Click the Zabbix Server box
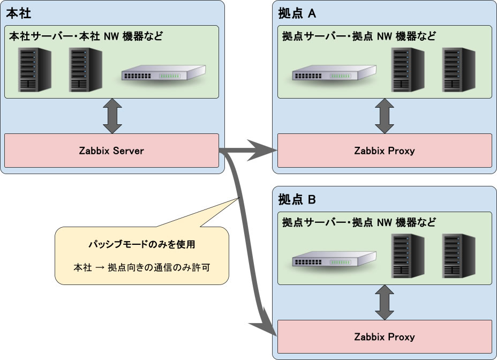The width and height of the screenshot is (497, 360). [111, 151]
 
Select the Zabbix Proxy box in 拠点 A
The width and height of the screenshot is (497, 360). [385, 151]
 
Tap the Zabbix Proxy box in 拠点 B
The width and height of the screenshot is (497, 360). [385, 337]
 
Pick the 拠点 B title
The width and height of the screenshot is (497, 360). [297, 200]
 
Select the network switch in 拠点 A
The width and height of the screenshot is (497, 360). [333, 73]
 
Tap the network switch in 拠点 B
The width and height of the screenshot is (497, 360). [333, 259]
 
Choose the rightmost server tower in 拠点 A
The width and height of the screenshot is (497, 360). [459, 70]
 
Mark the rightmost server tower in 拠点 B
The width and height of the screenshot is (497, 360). [459, 256]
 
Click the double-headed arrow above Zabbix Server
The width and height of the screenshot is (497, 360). [112, 116]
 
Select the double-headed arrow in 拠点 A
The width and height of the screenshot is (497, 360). [384, 116]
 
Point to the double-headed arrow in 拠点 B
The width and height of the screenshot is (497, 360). [384, 302]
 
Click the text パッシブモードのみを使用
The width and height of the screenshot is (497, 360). [141, 245]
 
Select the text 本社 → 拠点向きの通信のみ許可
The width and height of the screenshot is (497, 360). [141, 266]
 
